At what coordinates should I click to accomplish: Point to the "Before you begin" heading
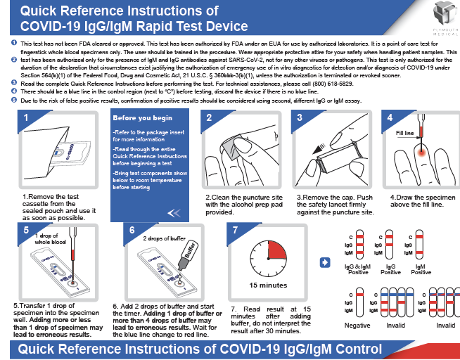(143, 117)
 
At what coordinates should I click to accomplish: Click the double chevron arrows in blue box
(175, 213)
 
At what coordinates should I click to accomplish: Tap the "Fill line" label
(406, 132)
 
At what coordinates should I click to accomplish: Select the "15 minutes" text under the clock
(269, 285)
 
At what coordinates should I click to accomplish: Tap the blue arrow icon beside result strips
(325, 262)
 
